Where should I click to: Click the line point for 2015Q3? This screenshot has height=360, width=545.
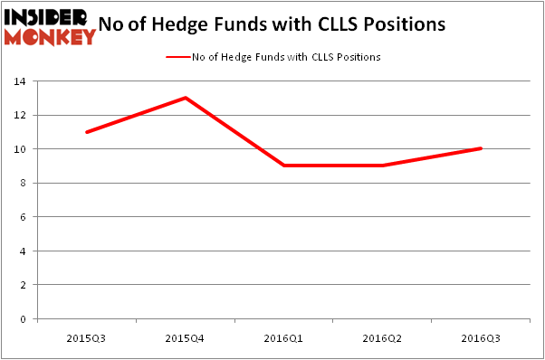pos(85,132)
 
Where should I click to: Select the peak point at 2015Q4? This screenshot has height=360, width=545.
pos(185,98)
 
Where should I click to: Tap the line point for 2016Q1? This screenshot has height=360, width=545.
pos(284,166)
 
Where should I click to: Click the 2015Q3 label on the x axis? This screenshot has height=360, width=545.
pos(85,337)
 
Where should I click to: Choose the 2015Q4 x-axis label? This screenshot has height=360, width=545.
pos(185,337)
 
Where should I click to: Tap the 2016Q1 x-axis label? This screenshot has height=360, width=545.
pos(284,337)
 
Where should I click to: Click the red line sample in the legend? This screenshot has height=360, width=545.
pos(177,57)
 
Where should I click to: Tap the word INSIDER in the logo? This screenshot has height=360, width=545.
pos(45,17)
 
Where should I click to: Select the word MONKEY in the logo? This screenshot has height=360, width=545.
pos(49,36)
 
